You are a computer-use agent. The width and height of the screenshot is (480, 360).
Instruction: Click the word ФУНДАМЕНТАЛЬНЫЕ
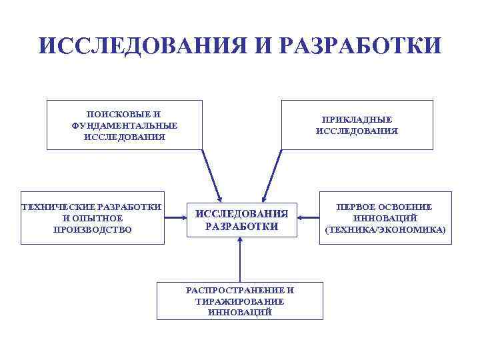click(125, 125)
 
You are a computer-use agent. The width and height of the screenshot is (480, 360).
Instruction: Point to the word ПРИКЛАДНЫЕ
click(357, 119)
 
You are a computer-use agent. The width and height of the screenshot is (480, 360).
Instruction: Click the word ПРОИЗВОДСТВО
click(93, 229)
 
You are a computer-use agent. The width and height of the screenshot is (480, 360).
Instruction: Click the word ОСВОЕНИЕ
click(409, 207)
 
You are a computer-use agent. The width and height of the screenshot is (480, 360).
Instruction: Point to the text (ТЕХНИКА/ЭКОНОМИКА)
click(385, 229)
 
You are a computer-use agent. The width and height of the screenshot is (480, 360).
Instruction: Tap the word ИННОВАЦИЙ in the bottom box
click(239, 311)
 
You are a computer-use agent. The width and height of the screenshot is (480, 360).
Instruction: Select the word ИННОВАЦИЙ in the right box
click(385, 218)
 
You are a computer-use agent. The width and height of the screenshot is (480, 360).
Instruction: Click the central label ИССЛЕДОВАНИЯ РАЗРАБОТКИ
click(241, 220)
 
